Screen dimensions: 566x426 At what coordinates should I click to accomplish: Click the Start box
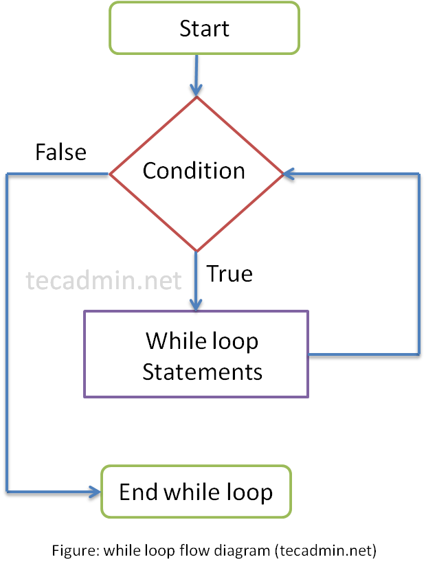click(204, 28)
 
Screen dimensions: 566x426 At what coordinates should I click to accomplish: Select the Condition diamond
click(197, 172)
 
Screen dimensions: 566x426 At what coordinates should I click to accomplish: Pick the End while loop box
click(196, 491)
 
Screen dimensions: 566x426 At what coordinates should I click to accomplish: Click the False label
click(61, 152)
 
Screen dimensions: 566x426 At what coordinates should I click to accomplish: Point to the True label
click(230, 274)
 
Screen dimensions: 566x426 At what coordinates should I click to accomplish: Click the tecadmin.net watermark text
click(104, 280)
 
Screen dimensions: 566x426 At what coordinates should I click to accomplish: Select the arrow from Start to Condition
click(197, 76)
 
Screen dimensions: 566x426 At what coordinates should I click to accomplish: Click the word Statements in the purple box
click(203, 372)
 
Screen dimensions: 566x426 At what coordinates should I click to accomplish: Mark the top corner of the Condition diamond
click(197, 98)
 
